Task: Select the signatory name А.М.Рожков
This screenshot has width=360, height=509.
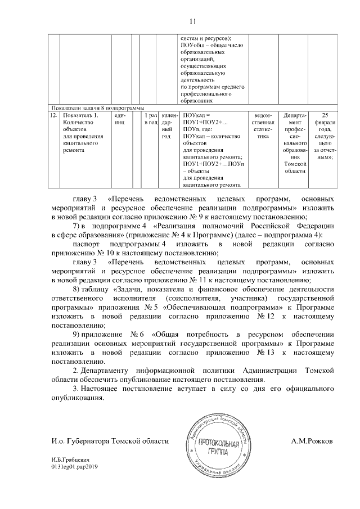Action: click(312, 442)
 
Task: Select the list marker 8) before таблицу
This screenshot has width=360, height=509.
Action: click(78, 289)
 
